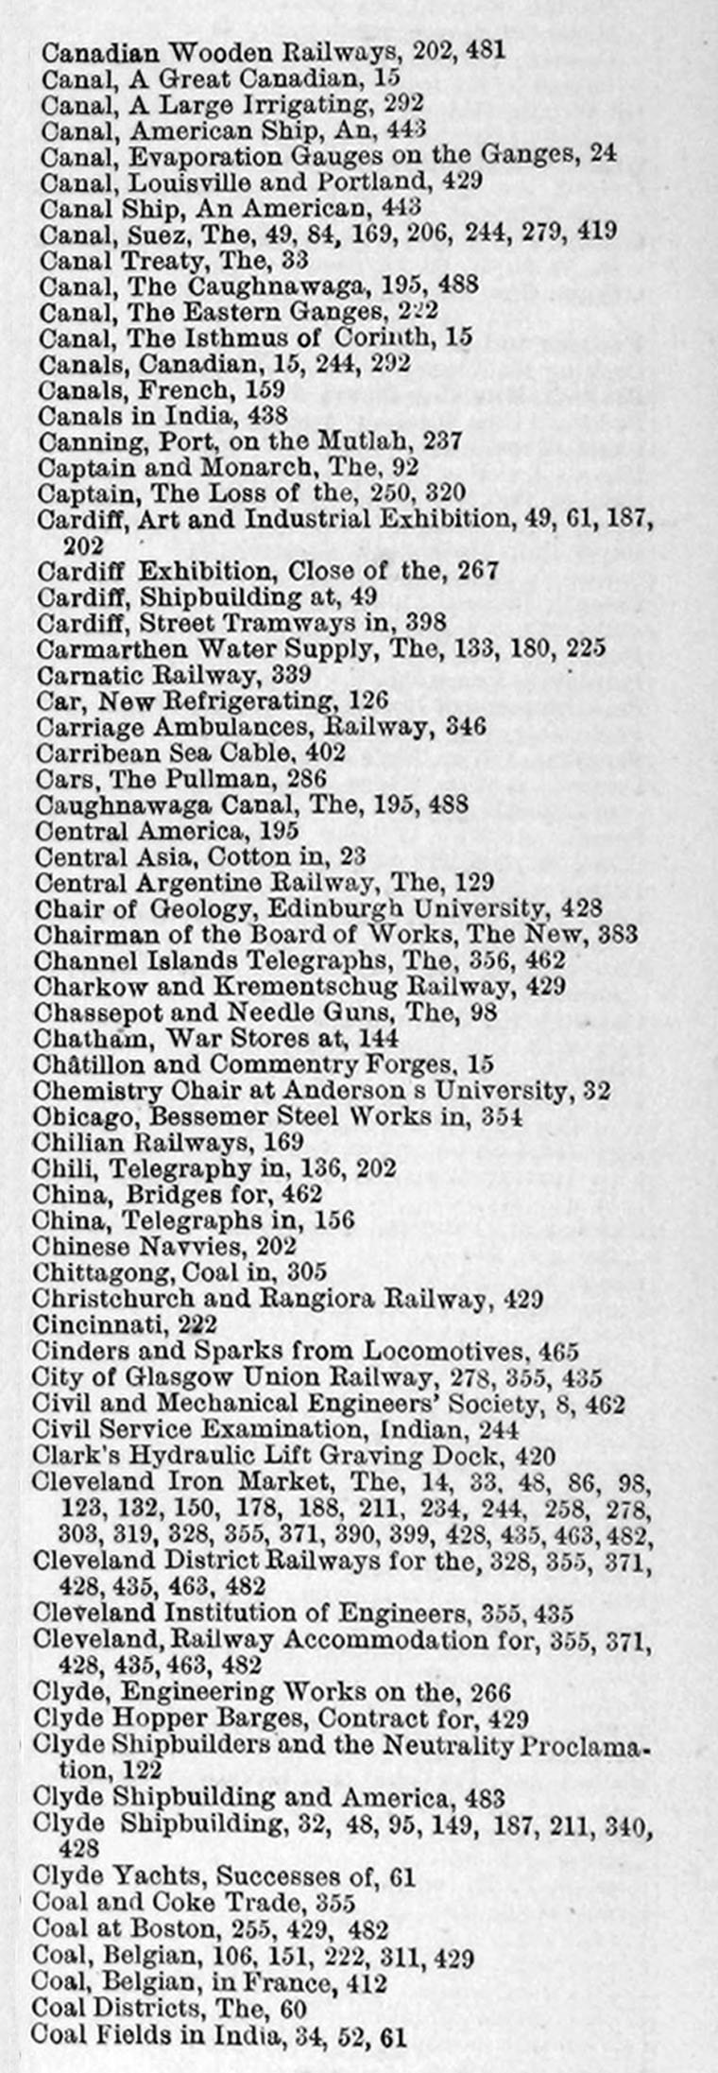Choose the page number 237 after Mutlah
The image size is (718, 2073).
[x=436, y=441]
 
